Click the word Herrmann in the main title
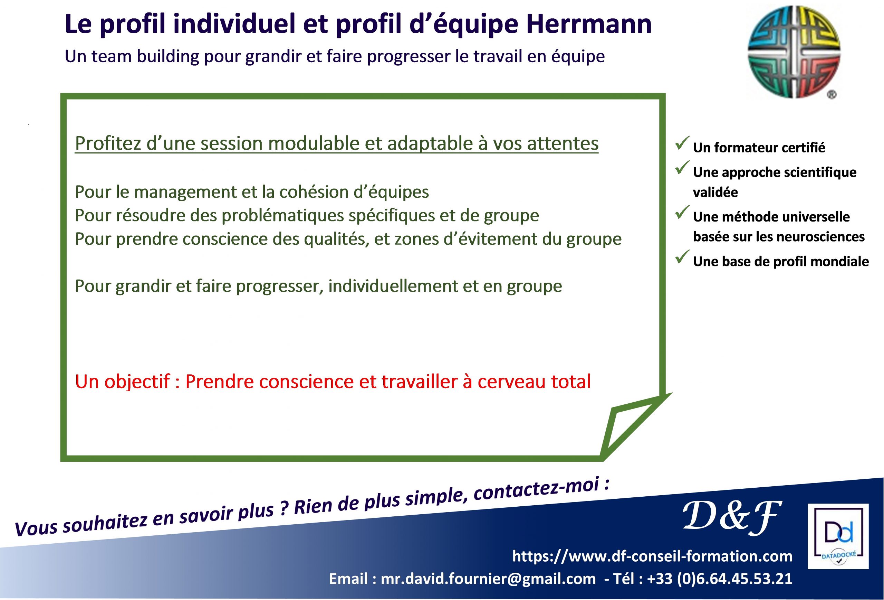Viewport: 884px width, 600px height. pyautogui.click(x=589, y=24)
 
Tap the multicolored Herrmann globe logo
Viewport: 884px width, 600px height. pyautogui.click(x=794, y=52)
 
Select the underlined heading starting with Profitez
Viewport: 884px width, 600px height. pyautogui.click(x=337, y=144)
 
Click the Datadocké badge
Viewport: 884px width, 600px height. pyautogui.click(x=838, y=536)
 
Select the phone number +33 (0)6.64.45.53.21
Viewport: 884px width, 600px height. pyautogui.click(x=720, y=579)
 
